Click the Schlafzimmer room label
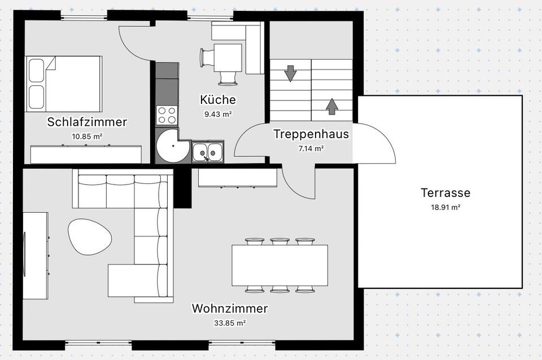pyautogui.click(x=87, y=122)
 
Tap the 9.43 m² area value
pyautogui.click(x=218, y=114)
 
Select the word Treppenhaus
pyautogui.click(x=311, y=134)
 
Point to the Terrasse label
pyautogui.click(x=445, y=192)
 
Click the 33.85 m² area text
pyautogui.click(x=230, y=323)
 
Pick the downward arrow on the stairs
pyautogui.click(x=290, y=73)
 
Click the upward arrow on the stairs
pyautogui.click(x=332, y=107)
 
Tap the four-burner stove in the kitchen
pyautogui.click(x=167, y=115)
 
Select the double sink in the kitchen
pyautogui.click(x=208, y=151)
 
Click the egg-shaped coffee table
pyautogui.click(x=90, y=236)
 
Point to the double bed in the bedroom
pyautogui.click(x=64, y=84)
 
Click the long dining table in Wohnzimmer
pyautogui.click(x=279, y=265)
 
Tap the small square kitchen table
pyautogui.click(x=228, y=58)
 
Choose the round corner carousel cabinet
pyautogui.click(x=172, y=146)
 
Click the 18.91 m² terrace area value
pyautogui.click(x=445, y=208)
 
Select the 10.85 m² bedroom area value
pyautogui.click(x=87, y=137)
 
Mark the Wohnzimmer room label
pyautogui.click(x=230, y=309)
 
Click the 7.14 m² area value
pyautogui.click(x=311, y=149)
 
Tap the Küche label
pyautogui.click(x=218, y=99)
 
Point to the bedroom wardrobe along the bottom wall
pyautogui.click(x=86, y=154)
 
